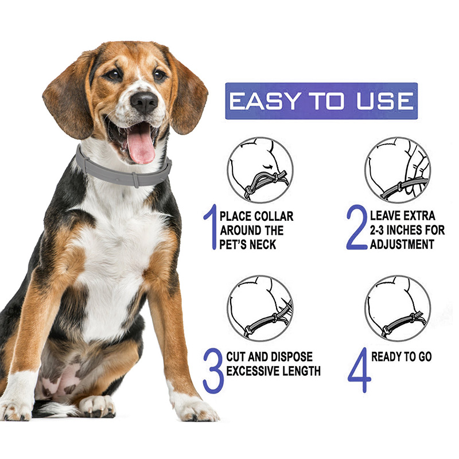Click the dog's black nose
(x=144, y=103)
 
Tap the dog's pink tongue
(x=141, y=146)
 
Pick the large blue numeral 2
(x=357, y=227)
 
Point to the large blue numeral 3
(x=213, y=371)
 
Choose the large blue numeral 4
(x=360, y=370)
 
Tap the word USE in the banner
(x=385, y=101)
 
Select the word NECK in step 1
(x=263, y=244)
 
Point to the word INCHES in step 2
(x=405, y=230)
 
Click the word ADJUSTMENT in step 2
(x=402, y=244)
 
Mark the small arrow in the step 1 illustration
(x=268, y=167)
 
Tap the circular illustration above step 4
(x=398, y=308)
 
